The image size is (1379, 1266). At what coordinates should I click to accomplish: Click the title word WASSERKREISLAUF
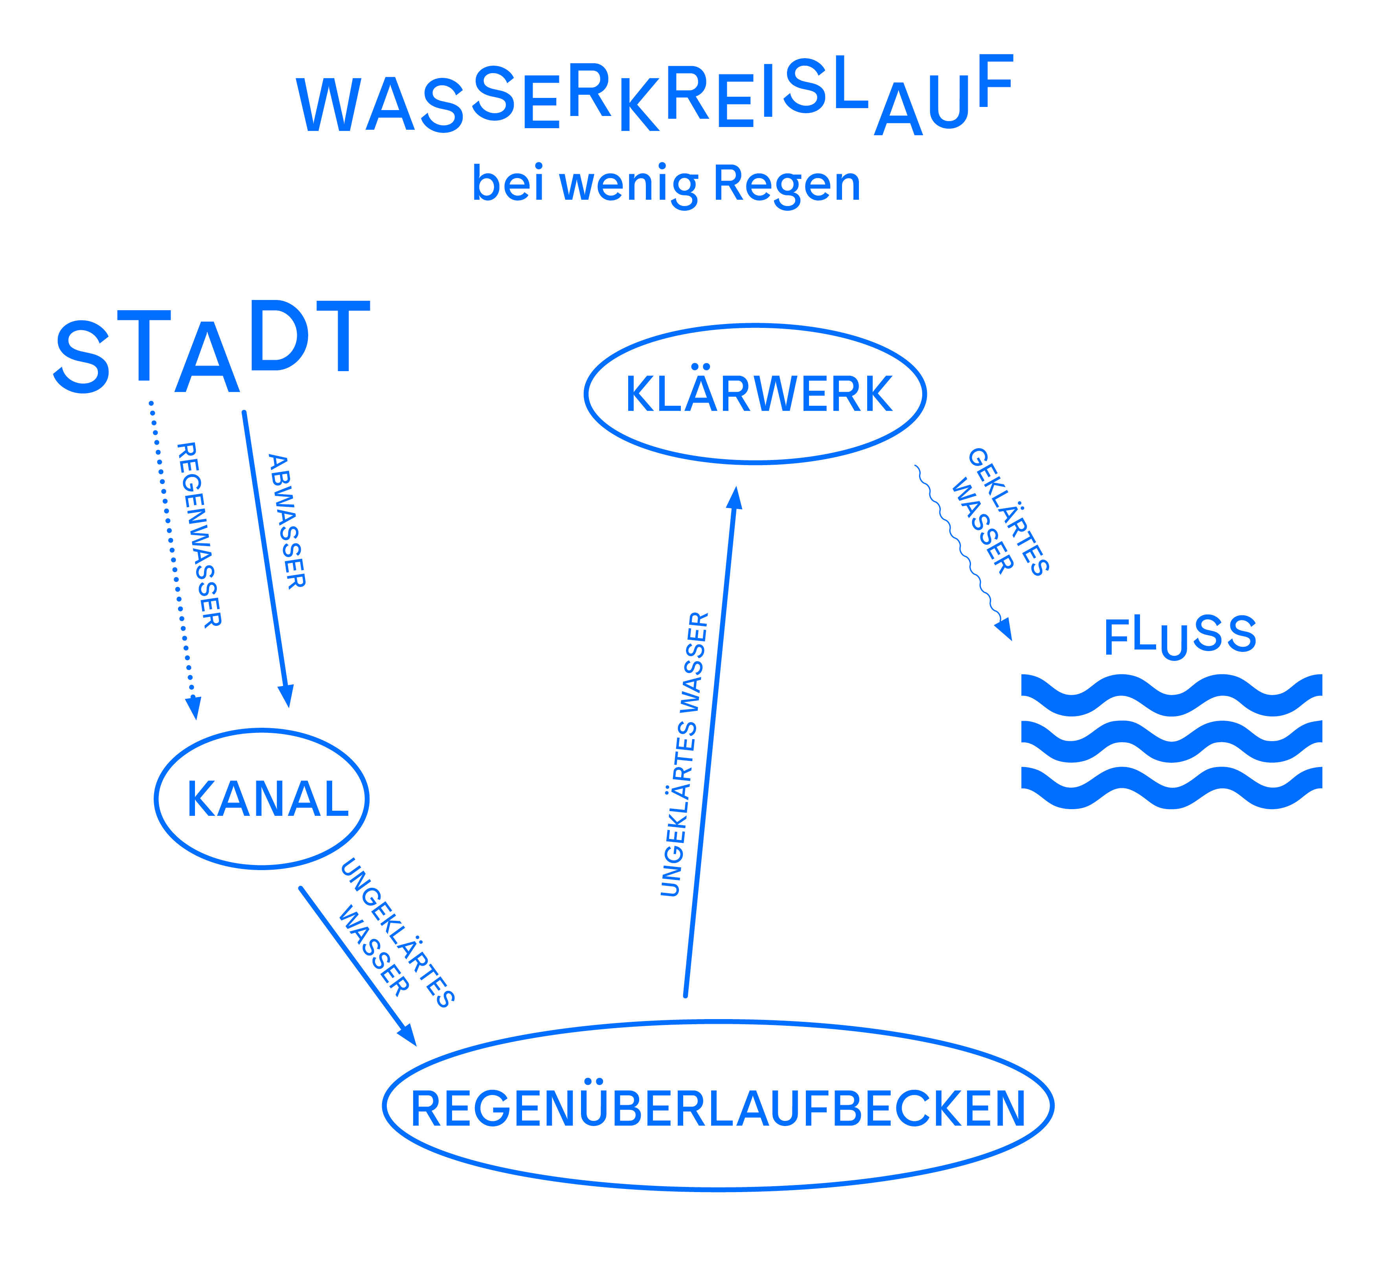[654, 96]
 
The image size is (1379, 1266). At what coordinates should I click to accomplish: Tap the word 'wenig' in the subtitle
[629, 185]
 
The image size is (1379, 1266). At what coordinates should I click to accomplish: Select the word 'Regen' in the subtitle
[787, 185]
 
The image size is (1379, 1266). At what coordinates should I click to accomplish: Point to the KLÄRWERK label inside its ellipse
[759, 395]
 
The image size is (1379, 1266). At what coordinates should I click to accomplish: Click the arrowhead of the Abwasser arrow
[286, 696]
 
